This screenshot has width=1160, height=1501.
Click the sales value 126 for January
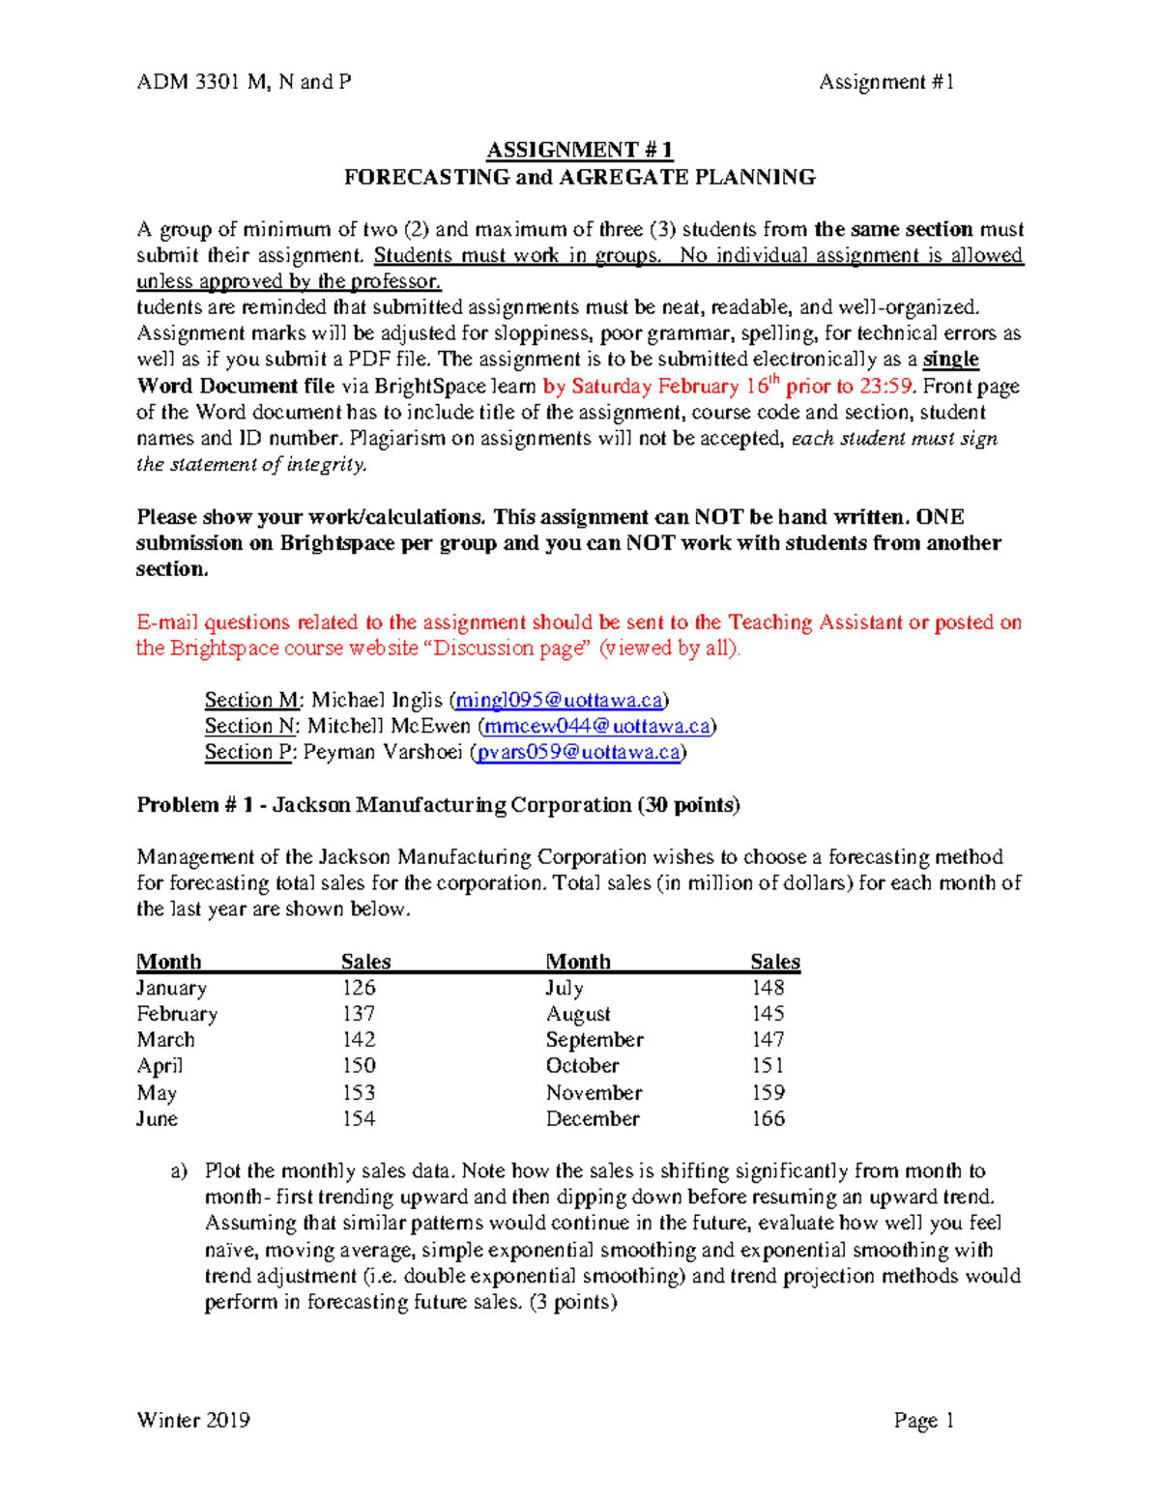click(x=358, y=988)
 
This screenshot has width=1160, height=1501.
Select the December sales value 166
click(x=768, y=1118)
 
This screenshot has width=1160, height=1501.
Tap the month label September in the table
click(x=594, y=1040)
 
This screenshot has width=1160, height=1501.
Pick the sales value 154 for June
click(x=358, y=1118)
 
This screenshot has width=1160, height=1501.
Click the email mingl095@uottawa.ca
click(x=559, y=700)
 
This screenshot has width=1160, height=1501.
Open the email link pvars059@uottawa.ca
click(x=578, y=752)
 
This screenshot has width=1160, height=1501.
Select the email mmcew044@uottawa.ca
click(x=596, y=726)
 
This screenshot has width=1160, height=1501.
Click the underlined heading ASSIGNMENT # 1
click(x=579, y=150)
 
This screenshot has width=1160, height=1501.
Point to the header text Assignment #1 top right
click(x=886, y=82)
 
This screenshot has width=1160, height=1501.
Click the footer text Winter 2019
click(x=193, y=1420)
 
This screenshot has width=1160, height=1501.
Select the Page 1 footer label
click(x=923, y=1420)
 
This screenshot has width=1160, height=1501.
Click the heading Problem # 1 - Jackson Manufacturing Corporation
click(x=437, y=805)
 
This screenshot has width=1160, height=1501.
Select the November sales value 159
click(x=768, y=1092)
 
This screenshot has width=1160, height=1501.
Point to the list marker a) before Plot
click(x=178, y=1171)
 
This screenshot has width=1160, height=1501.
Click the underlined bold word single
click(x=951, y=360)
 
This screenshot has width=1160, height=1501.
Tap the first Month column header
click(x=169, y=962)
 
